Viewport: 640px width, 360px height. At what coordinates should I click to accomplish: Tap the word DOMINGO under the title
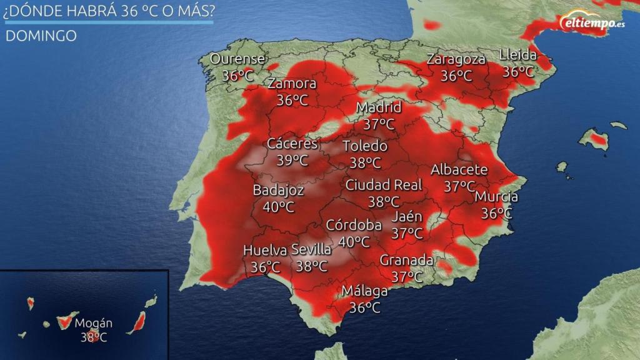click(41, 36)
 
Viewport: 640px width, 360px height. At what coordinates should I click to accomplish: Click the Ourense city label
click(237, 59)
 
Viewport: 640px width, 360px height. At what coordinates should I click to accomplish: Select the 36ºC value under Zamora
click(292, 100)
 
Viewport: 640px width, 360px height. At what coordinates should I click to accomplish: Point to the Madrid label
click(379, 108)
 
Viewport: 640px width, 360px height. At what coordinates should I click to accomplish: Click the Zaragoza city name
click(456, 60)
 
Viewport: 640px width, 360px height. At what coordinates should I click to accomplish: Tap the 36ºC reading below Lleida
click(519, 71)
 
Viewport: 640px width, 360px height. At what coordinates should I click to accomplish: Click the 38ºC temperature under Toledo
click(366, 163)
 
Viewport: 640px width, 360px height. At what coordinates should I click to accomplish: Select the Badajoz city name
click(279, 191)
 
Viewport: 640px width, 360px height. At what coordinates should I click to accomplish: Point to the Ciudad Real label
click(384, 185)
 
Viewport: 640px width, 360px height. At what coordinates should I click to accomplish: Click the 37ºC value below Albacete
click(459, 186)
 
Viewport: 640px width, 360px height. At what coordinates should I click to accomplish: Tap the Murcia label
click(496, 197)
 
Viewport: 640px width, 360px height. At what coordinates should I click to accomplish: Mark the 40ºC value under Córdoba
click(354, 241)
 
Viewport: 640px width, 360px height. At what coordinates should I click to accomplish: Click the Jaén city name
click(407, 217)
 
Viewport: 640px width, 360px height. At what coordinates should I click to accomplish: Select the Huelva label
click(265, 251)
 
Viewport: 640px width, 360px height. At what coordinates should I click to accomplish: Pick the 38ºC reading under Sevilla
click(312, 266)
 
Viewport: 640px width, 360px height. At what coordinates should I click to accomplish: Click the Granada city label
click(407, 260)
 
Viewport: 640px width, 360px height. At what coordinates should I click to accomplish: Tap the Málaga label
click(365, 291)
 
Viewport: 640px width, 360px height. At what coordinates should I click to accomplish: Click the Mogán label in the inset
click(93, 324)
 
